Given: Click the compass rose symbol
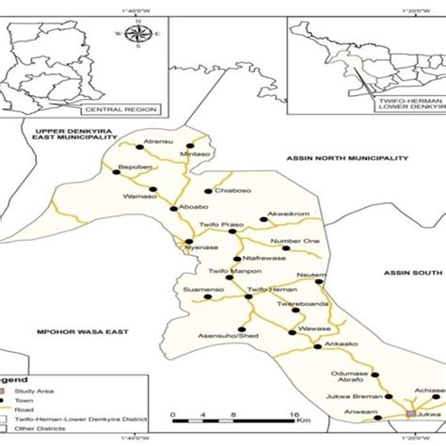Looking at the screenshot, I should coord(137,36).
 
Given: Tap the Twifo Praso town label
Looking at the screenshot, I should coord(221,226).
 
